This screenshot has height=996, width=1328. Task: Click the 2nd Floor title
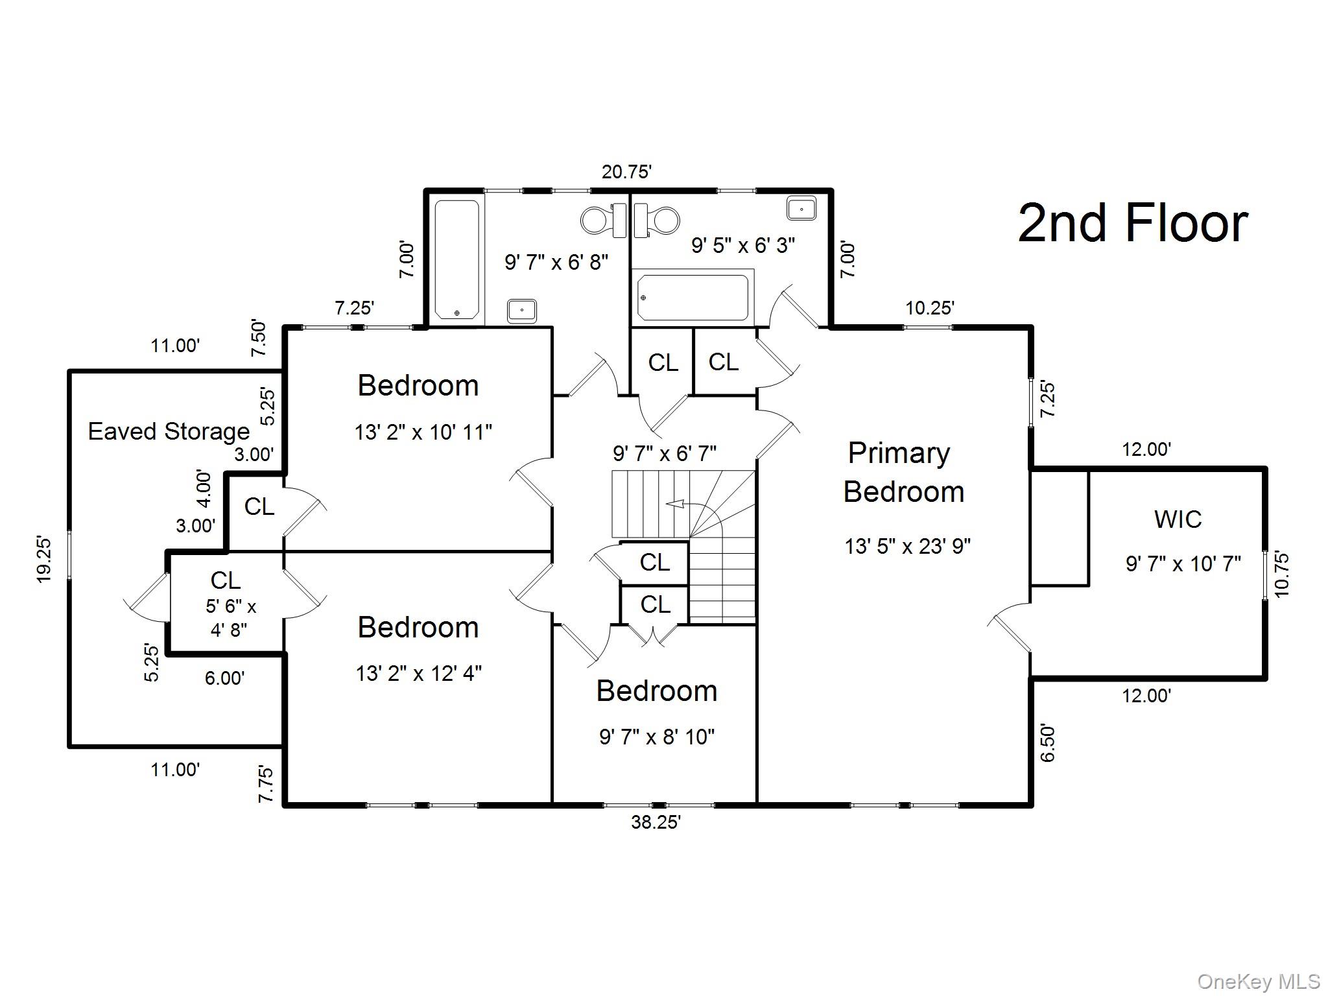coord(1132,223)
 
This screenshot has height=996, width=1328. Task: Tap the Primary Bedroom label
coord(903,472)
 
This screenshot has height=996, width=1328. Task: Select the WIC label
coord(1178,519)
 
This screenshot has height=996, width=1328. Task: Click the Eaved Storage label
coord(169,431)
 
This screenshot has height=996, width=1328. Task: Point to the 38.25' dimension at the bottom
coord(656,822)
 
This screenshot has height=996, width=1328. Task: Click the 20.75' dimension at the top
coord(626,172)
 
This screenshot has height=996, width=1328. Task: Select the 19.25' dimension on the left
coord(44,559)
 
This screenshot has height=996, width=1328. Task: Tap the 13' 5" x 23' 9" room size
coord(907,547)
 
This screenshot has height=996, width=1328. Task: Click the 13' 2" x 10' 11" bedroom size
coord(423,432)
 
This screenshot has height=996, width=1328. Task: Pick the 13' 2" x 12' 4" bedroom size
coord(418,674)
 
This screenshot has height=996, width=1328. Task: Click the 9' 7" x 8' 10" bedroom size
coord(656,737)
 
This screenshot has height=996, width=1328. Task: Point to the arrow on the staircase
coord(678,504)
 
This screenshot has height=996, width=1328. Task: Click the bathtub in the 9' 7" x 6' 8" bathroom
coord(457,260)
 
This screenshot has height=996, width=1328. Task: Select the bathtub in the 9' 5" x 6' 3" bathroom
coord(693,298)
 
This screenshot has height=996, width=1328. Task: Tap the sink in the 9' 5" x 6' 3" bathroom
coord(801,209)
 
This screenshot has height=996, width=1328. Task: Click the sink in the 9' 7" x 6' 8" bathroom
coord(521,311)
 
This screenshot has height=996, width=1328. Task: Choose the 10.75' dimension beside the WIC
coord(1282,573)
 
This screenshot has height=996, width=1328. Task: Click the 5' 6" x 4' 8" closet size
coord(230,618)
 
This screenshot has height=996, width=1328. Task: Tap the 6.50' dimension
coord(1047,743)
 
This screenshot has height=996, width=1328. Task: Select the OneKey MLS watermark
coord(1259,981)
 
